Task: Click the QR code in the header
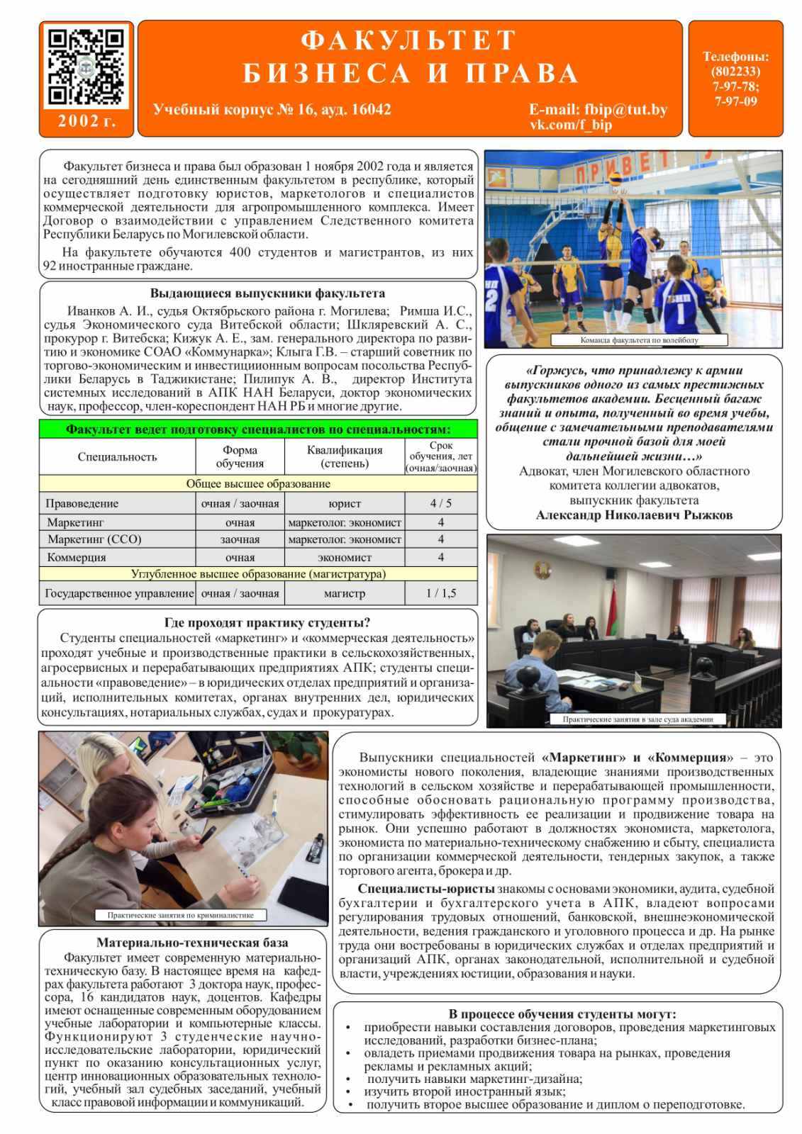(86, 67)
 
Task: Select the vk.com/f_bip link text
(570, 125)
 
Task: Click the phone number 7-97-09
(735, 101)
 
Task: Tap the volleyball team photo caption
(638, 340)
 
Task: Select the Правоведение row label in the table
(82, 504)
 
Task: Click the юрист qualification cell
(345, 504)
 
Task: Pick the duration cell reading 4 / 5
(440, 504)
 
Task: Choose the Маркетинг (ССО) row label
(94, 539)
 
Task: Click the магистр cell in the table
(345, 593)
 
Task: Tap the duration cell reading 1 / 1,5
(440, 593)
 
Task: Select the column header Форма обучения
(240, 456)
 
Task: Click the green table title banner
(258, 430)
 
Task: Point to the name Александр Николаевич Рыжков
(634, 515)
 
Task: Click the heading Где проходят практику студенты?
(267, 623)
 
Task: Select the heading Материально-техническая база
(192, 943)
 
